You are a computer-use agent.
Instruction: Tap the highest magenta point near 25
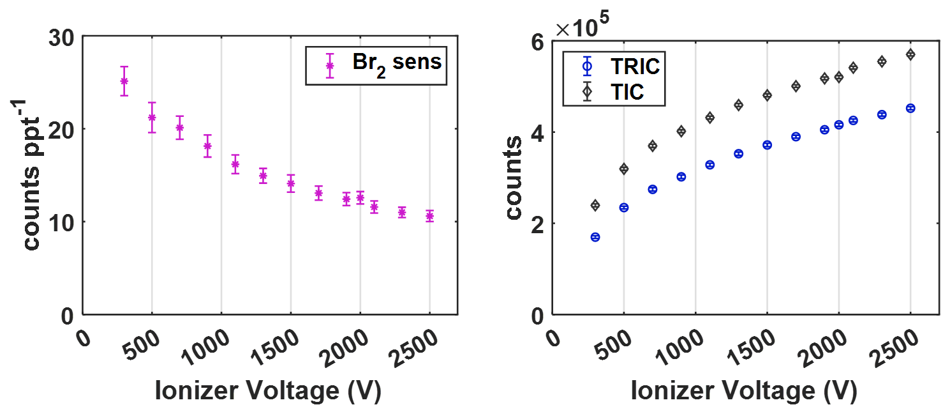(x=124, y=81)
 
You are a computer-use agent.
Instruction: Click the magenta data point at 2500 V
(x=429, y=216)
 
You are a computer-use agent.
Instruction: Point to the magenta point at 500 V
(x=152, y=118)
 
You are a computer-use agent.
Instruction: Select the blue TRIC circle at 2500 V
(x=910, y=108)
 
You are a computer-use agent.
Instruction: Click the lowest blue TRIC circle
(x=595, y=237)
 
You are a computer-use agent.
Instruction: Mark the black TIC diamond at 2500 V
(x=910, y=54)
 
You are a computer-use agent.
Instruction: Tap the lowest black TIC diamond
(x=595, y=205)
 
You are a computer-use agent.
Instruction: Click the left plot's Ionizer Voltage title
(x=268, y=391)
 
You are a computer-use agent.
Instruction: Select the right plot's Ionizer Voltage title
(x=744, y=391)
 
